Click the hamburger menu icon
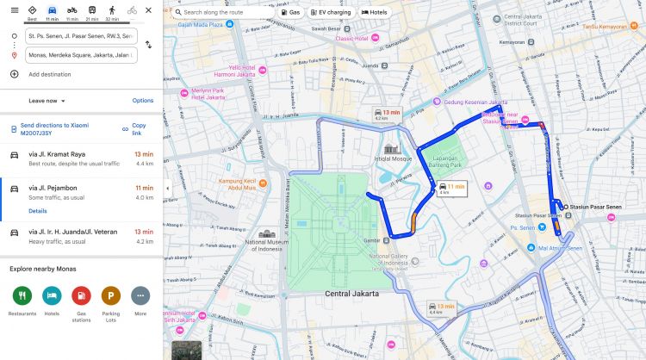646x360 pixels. click(14, 10)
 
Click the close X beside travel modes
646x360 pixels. click(149, 10)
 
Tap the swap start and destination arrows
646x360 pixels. click(148, 45)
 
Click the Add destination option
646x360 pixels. click(49, 74)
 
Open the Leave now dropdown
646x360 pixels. click(47, 101)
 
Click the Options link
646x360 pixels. click(143, 101)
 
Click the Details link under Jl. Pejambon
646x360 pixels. click(38, 210)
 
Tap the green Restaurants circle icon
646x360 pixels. click(23, 296)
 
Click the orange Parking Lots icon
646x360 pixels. click(110, 296)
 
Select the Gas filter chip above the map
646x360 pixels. click(295, 12)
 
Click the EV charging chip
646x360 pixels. click(332, 12)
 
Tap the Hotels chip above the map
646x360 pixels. click(376, 12)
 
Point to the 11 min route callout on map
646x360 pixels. click(450, 188)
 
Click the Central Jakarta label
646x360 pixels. click(353, 294)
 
